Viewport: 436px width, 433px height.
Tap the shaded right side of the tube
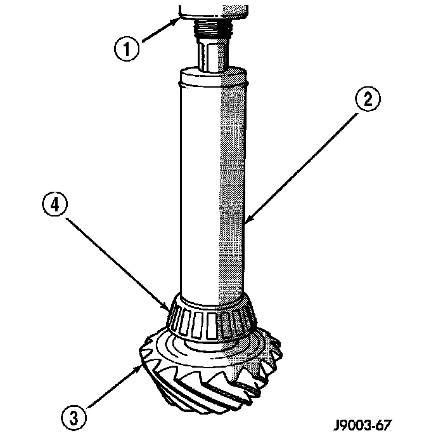click(x=232, y=190)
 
